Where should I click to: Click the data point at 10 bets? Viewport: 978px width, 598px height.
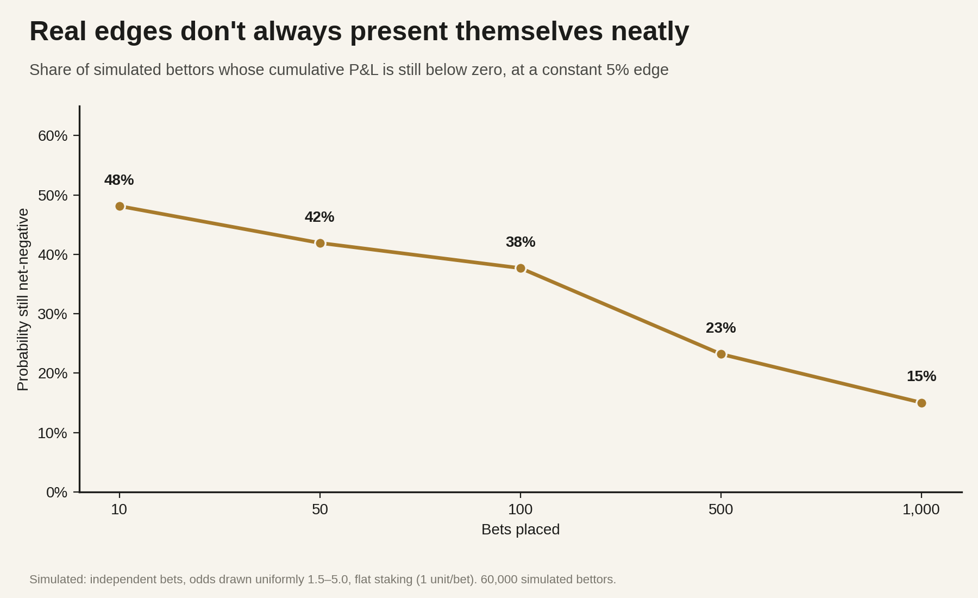(x=120, y=207)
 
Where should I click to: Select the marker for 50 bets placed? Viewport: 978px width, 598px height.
(x=320, y=243)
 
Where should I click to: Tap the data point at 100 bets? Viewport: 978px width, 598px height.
(x=521, y=268)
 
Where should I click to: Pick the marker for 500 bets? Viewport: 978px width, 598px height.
(x=721, y=354)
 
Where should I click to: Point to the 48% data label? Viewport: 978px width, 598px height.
(x=119, y=180)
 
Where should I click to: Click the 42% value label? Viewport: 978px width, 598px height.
(x=319, y=217)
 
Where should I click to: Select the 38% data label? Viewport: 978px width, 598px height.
(x=521, y=242)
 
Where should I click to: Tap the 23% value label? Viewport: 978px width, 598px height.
(x=721, y=328)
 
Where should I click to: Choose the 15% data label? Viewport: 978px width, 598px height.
(x=921, y=376)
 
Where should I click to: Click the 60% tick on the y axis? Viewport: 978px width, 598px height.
(x=53, y=136)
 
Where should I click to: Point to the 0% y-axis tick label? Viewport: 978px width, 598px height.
(x=57, y=493)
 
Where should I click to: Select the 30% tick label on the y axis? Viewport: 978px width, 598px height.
(x=53, y=314)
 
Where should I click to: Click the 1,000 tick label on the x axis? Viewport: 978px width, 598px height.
(x=921, y=509)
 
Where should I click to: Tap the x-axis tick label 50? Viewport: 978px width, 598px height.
(x=320, y=509)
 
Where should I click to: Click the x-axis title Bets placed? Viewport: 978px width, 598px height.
(x=521, y=530)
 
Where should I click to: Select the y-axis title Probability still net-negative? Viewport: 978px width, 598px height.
(x=23, y=300)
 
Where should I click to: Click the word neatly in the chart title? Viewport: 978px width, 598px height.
(x=650, y=32)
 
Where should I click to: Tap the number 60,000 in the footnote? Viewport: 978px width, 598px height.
(x=499, y=580)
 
